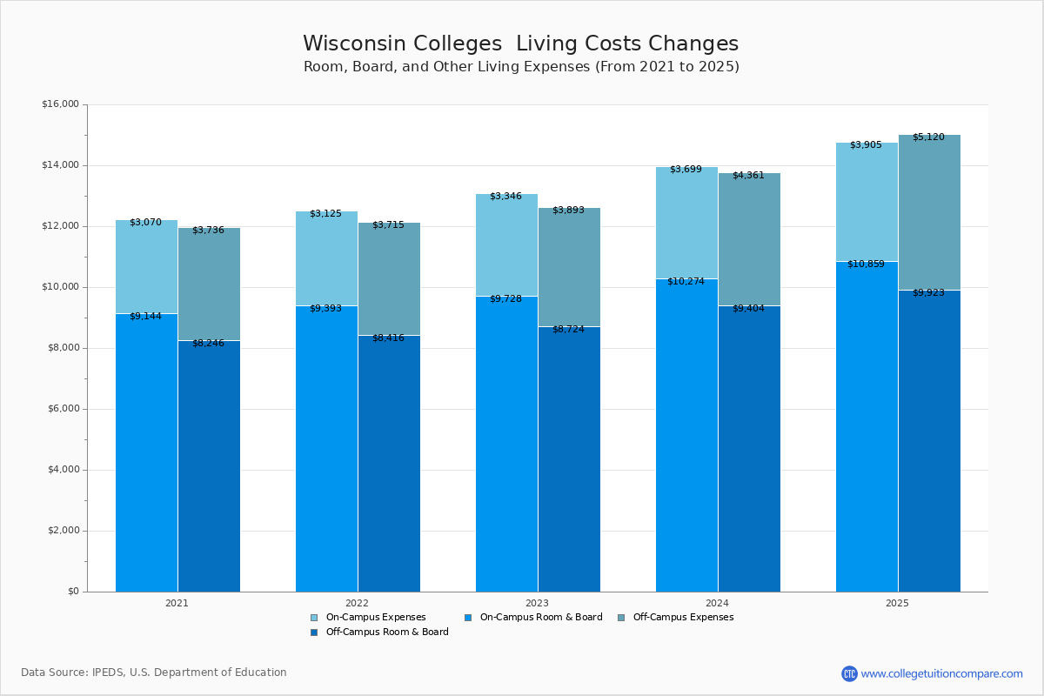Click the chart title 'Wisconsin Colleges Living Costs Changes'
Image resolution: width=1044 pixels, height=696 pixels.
(520, 44)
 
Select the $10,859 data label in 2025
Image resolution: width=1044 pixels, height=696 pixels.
(866, 264)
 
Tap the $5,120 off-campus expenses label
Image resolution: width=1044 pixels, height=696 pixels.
(928, 137)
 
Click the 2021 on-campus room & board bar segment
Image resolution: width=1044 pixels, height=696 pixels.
(146, 452)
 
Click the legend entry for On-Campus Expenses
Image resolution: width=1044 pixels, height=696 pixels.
(368, 618)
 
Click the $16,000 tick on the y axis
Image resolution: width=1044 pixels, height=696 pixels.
(60, 104)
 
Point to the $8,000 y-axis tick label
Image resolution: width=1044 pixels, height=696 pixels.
(63, 348)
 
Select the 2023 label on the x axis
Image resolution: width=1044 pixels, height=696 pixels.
(537, 603)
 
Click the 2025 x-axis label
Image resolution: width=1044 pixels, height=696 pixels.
(897, 603)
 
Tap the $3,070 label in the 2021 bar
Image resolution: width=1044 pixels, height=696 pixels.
(145, 222)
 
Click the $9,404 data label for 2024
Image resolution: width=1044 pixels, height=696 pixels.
(748, 308)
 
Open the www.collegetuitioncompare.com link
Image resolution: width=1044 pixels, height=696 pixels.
(941, 673)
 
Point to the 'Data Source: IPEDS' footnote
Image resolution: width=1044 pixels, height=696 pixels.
(154, 673)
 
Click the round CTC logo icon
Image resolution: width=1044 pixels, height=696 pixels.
(849, 673)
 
